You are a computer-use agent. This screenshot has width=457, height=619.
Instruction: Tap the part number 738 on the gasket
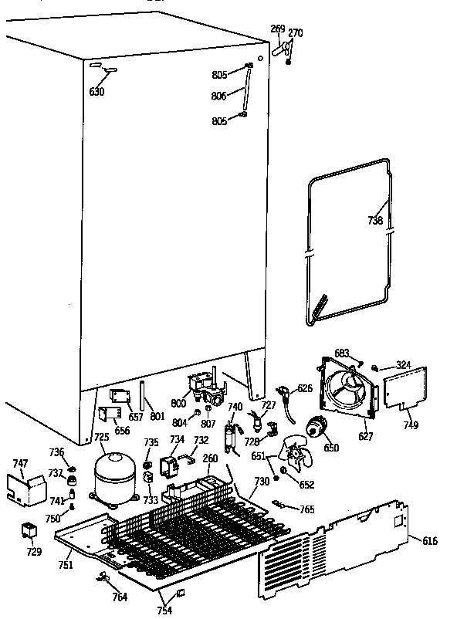tap(375, 221)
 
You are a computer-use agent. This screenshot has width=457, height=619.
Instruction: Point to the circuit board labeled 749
tap(406, 387)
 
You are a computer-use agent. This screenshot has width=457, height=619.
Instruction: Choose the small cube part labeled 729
tap(32, 531)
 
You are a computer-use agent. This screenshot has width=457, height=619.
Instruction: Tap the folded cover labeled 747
tap(27, 485)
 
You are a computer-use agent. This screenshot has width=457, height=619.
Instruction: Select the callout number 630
tap(96, 92)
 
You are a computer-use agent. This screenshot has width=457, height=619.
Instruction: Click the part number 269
tap(277, 29)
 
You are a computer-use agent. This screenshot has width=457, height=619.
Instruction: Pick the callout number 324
tap(404, 364)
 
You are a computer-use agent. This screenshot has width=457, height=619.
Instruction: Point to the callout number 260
tap(210, 458)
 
